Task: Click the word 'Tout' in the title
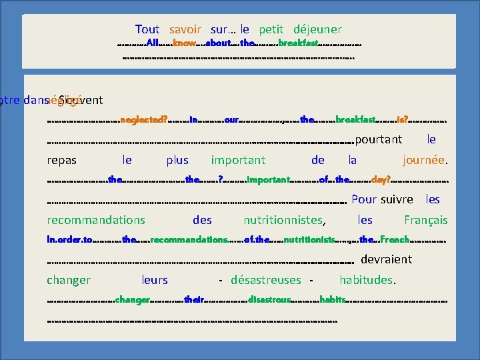click(x=147, y=29)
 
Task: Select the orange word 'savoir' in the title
click(x=185, y=29)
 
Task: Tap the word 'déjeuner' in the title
click(x=318, y=29)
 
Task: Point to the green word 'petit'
click(x=271, y=29)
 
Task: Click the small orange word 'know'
click(x=184, y=43)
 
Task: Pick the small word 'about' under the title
click(x=218, y=43)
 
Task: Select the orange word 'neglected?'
click(x=144, y=120)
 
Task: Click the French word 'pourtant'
click(x=379, y=139)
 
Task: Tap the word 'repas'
click(x=61, y=160)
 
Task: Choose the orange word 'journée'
click(x=423, y=160)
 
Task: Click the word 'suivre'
click(x=397, y=199)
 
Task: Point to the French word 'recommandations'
click(x=96, y=219)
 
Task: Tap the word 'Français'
click(x=425, y=219)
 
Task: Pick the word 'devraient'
click(x=386, y=259)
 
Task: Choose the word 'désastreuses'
click(x=265, y=280)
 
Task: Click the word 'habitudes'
click(x=367, y=280)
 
